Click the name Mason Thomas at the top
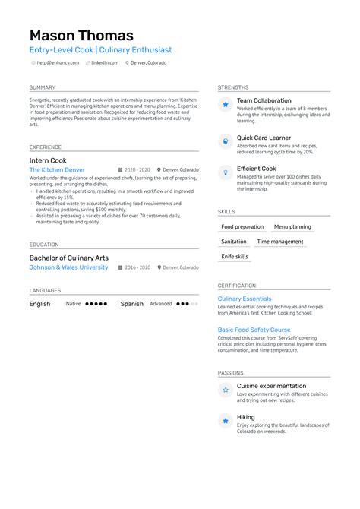tap(81, 35)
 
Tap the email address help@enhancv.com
tap(58, 62)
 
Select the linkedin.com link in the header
tap(105, 62)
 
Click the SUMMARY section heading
tap(43, 87)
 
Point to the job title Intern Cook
tap(48, 161)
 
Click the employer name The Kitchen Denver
tap(57, 170)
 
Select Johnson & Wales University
tap(68, 267)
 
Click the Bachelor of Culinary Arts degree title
tap(68, 258)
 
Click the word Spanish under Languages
tap(131, 304)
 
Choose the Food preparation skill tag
tap(242, 226)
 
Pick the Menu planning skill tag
tap(292, 226)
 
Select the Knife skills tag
tap(235, 257)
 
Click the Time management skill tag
tap(280, 242)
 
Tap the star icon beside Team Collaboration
tap(225, 104)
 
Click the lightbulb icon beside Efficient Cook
tap(225, 172)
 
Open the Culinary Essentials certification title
tap(244, 299)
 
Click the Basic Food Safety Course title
tap(254, 330)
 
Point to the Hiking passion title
tap(245, 417)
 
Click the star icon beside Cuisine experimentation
tap(225, 390)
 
